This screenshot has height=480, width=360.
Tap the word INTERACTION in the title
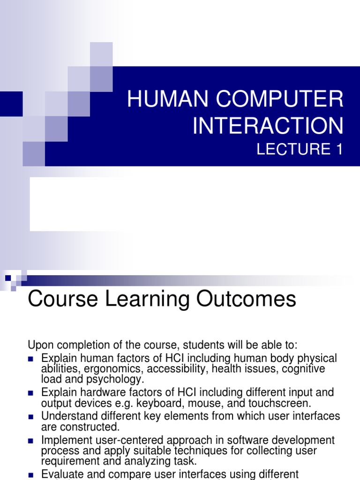coord(268,126)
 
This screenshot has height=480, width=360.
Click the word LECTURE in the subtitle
coord(292,150)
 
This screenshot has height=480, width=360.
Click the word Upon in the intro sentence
coord(41,345)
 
